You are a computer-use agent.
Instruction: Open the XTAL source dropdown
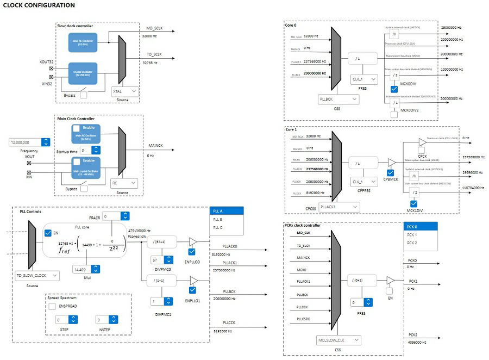(124, 92)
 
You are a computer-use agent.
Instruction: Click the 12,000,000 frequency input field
(25, 142)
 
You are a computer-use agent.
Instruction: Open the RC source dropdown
(124, 183)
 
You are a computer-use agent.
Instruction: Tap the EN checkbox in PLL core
(48, 233)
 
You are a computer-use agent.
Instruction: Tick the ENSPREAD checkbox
(53, 306)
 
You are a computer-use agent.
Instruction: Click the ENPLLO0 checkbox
(191, 252)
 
